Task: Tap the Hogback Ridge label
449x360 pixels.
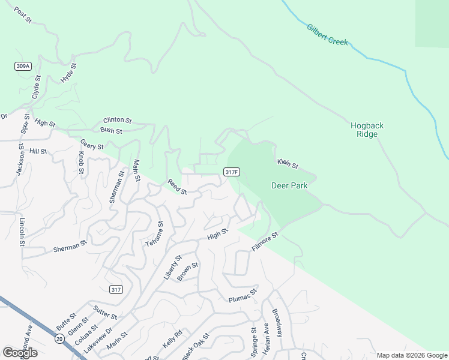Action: tap(367, 130)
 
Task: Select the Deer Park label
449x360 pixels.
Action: tap(289, 185)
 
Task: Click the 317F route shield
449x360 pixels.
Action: tap(232, 172)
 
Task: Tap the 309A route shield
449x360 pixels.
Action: tap(23, 65)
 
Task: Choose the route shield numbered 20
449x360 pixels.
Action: tap(58, 339)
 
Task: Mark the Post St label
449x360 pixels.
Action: tap(22, 16)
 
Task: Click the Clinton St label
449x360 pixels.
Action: tap(117, 121)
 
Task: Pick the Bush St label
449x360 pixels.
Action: tap(111, 130)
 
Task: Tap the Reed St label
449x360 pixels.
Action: tap(177, 187)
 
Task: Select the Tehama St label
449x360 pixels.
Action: tap(154, 235)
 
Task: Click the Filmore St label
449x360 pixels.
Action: tap(266, 242)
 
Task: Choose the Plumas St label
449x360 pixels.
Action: tap(243, 295)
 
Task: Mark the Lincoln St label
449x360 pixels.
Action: tap(22, 231)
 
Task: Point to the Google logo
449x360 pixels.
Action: tap(20, 352)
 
